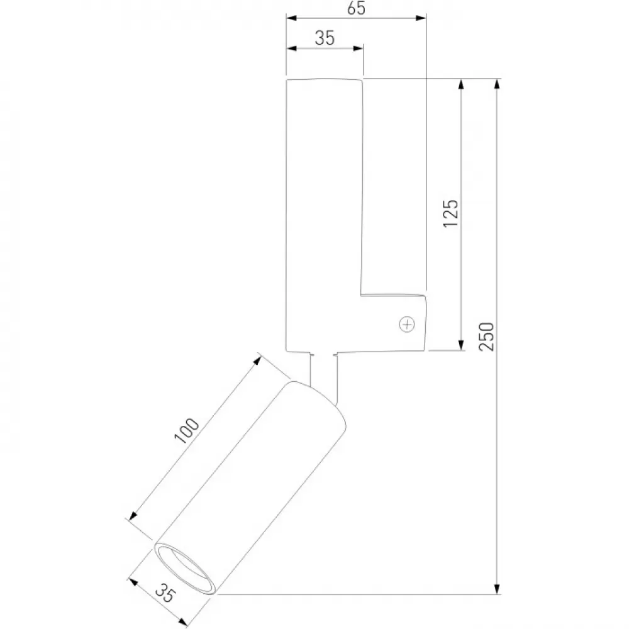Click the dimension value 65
[x=356, y=8]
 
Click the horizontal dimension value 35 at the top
[x=325, y=38]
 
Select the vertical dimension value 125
[x=450, y=213]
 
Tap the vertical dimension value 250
[x=487, y=336]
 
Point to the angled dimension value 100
[x=187, y=430]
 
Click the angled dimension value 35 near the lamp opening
[x=165, y=593]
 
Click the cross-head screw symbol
[x=407, y=324]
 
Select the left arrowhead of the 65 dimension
[x=291, y=18]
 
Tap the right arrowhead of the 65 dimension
[x=420, y=18]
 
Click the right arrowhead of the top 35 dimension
[x=359, y=48]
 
